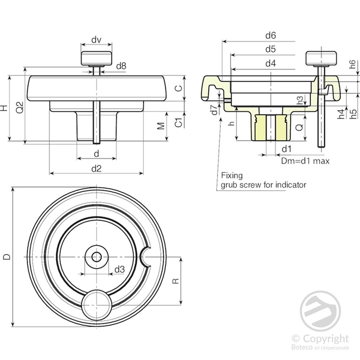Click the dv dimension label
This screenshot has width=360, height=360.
pos(97,40)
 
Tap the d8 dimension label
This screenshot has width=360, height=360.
pos(120,66)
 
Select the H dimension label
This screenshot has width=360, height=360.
pos(4,108)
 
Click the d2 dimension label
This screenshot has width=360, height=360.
pos(97,168)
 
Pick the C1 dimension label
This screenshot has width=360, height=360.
pos(179,123)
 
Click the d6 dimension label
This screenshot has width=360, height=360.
pos(270,35)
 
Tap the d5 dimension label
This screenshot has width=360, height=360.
pos(270,49)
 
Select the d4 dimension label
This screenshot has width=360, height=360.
pos(270,63)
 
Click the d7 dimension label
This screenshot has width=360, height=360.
pos(214,111)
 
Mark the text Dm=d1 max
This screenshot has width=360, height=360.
pos(305,161)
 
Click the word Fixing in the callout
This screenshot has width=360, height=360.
pos(232,175)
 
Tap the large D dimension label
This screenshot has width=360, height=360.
pos(6,256)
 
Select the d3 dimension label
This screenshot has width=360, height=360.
pos(120,269)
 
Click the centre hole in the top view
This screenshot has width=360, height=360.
pos(97,256)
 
